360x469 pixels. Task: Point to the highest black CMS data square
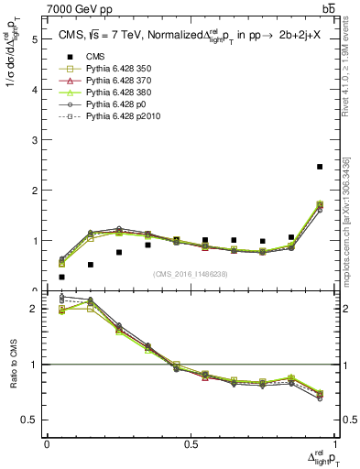320,167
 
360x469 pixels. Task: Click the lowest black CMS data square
61,277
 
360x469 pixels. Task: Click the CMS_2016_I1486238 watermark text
191,274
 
